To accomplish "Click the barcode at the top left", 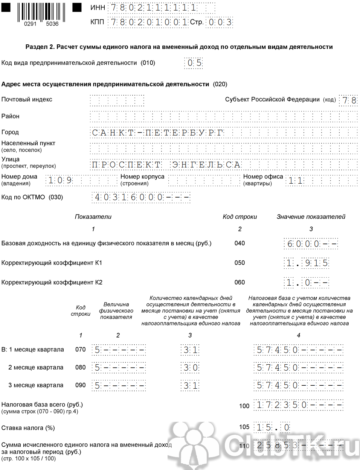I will click(41, 12).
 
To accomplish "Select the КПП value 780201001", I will click(148, 22).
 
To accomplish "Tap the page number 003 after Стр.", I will click(220, 22).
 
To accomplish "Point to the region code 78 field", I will click(349, 100).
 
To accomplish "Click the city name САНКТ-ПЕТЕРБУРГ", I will click(157, 133).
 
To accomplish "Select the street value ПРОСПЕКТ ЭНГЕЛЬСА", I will click(166, 165).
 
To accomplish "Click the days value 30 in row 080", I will click(191, 368).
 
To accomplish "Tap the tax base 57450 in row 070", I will click(277, 350).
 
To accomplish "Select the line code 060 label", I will click(239, 283).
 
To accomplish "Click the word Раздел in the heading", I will click(36, 47).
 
